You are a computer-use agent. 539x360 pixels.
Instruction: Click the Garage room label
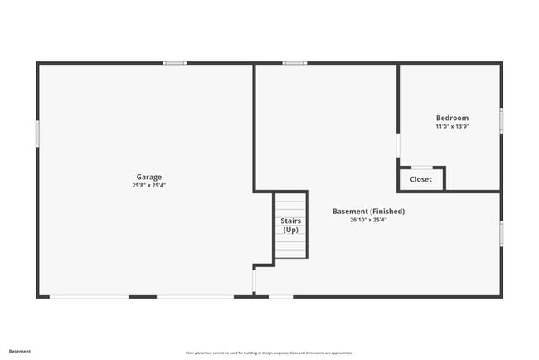pos(149,177)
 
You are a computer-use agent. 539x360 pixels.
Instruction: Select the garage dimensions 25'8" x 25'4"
pos(149,186)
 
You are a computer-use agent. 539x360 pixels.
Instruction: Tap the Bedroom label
pos(452,118)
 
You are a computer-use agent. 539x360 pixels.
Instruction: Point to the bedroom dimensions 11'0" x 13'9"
pos(452,127)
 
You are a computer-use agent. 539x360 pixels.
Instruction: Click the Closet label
pos(420,179)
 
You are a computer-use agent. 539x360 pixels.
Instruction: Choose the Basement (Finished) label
pos(368,212)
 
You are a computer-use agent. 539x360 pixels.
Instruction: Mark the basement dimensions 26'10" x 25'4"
pos(368,221)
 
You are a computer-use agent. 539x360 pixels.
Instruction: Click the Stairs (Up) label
pos(290,226)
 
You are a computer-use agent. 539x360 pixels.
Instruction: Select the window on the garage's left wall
pos(37,134)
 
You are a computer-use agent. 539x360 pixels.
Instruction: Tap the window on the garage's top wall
pos(174,63)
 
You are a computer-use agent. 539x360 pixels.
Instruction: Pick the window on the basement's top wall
pos(294,63)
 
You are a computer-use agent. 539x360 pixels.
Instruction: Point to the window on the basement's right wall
pos(501,232)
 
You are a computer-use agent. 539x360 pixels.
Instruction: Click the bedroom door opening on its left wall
pos(398,146)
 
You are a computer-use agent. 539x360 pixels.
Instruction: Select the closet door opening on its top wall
pos(421,168)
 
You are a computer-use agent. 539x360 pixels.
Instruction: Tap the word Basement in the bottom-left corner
pos(20,351)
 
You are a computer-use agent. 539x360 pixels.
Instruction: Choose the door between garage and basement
pos(254,280)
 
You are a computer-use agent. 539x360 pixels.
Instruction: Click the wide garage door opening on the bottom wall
pos(89,296)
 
